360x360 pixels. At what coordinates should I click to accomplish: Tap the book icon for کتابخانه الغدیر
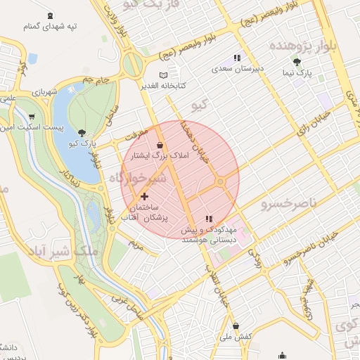coord(164,75)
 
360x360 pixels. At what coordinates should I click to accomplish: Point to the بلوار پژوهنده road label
coord(313,46)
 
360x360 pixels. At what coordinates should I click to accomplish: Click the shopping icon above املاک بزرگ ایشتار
coord(161,146)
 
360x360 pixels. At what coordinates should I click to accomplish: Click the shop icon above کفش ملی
coord(235,326)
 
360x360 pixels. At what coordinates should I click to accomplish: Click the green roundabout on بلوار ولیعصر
coord(131,65)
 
